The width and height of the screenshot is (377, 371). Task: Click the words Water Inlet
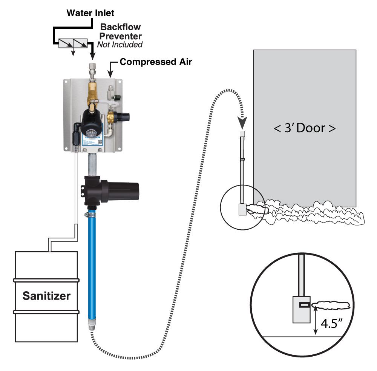pos(90,13)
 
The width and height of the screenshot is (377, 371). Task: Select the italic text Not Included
pos(120,45)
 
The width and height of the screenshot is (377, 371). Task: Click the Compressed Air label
pos(156,62)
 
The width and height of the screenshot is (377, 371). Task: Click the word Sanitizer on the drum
pos(46,296)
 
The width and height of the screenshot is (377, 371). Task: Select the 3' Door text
pos(304,128)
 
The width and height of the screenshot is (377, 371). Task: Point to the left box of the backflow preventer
pos(66,44)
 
